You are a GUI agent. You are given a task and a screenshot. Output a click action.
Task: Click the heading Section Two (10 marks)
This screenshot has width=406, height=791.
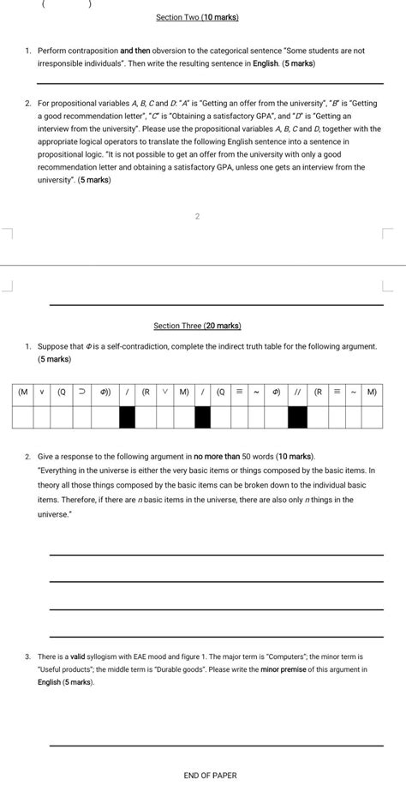click(x=197, y=17)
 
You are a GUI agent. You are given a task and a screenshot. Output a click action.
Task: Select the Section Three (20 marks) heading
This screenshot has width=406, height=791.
click(x=197, y=326)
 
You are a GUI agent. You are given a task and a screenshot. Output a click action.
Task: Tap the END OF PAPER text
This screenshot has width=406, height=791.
click(x=210, y=776)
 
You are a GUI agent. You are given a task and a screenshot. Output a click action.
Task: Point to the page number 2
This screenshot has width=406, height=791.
click(x=197, y=216)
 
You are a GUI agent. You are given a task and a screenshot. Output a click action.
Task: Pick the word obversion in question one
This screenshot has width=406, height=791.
click(x=173, y=51)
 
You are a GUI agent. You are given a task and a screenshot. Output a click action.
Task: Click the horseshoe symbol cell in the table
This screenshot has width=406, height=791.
click(x=82, y=393)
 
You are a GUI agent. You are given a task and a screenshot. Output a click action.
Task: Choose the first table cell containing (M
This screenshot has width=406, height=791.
click(x=23, y=393)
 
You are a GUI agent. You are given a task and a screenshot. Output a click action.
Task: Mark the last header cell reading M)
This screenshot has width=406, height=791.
click(x=371, y=393)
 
